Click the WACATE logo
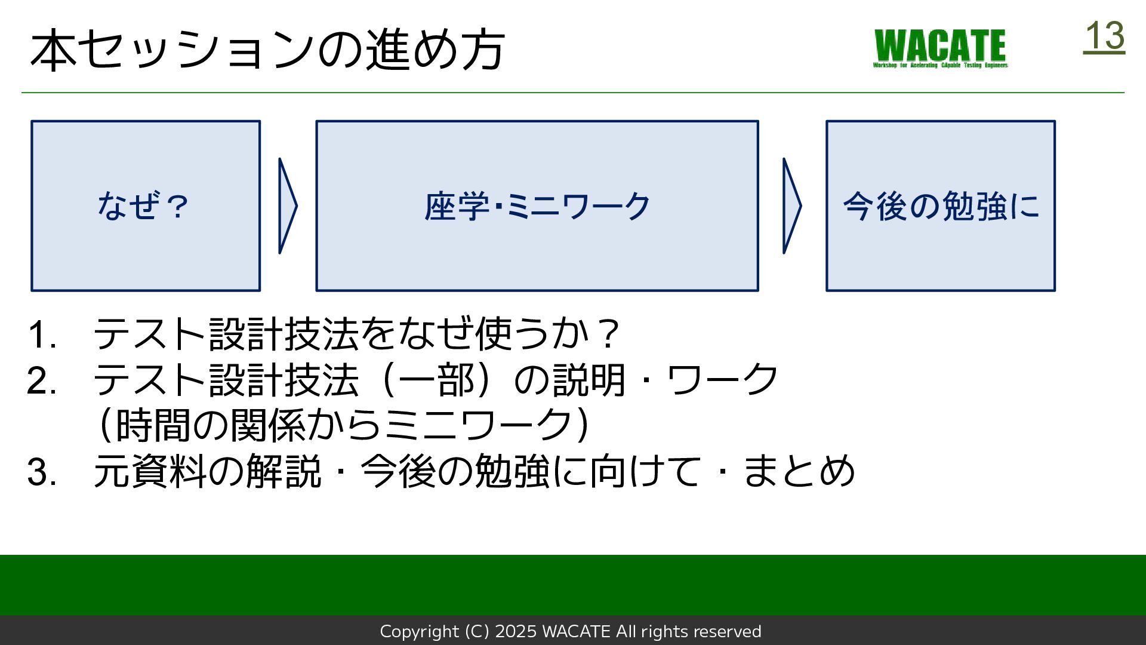coord(940,48)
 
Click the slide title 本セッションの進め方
coord(267,50)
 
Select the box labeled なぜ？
coord(146,206)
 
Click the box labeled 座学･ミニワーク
coord(537,206)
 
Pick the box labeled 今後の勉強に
coord(941,206)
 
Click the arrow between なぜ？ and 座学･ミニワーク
coord(287,206)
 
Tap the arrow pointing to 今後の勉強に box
coord(791,206)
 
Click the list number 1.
coord(42,334)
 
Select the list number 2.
coord(42,381)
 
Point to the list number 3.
coord(42,472)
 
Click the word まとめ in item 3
coord(800,471)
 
